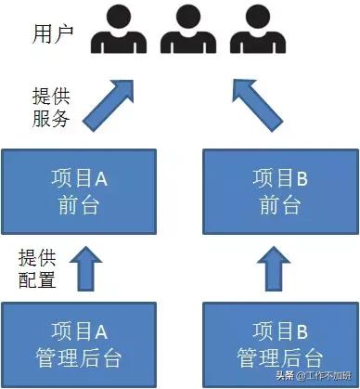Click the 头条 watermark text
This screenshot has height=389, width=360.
coord(290,376)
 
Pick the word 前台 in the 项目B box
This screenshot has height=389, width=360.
coord(278,205)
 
